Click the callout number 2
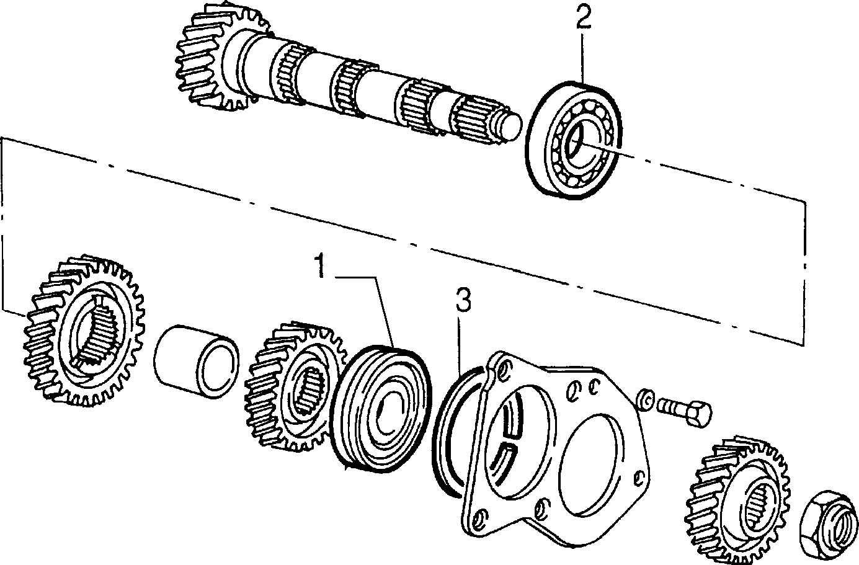(583, 17)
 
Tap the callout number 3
(463, 300)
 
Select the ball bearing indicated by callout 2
(573, 140)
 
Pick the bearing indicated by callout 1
(381, 409)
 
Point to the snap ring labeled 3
(437, 434)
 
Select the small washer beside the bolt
(646, 400)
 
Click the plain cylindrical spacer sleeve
(196, 361)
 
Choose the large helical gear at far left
(84, 330)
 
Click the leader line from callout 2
(583, 58)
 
